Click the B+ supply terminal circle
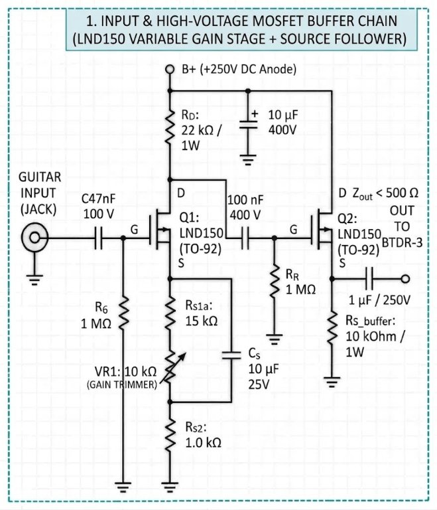point(169,69)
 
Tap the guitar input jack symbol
point(34,238)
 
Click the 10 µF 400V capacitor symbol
point(248,124)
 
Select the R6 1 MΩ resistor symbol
point(123,312)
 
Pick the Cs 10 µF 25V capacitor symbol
point(231,355)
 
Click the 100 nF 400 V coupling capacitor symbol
point(245,238)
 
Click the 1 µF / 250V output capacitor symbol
point(369,279)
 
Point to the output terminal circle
point(405,279)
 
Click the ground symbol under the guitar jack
point(34,280)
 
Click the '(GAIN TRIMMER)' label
point(122,384)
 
